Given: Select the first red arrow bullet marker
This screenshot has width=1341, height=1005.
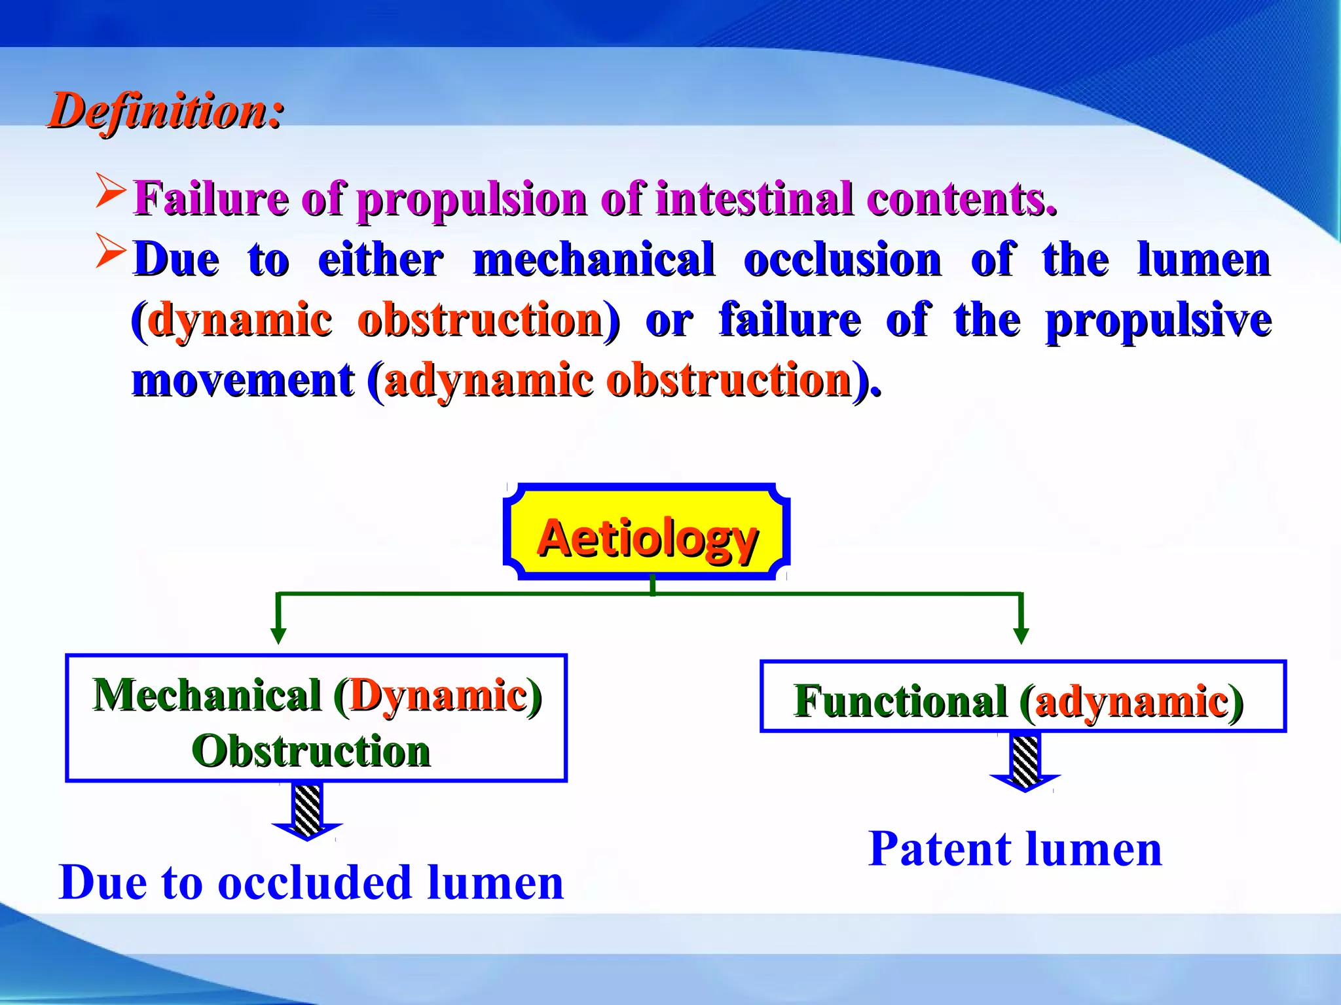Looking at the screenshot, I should pyautogui.click(x=110, y=190).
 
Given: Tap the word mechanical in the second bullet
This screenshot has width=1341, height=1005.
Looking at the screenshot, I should pyautogui.click(x=593, y=260).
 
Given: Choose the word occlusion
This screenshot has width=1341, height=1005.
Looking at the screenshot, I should pyautogui.click(x=842, y=260).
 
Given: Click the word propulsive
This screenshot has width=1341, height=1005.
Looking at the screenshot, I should pyautogui.click(x=1158, y=321).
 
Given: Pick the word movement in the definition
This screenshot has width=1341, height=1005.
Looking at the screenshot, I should pyautogui.click(x=243, y=380).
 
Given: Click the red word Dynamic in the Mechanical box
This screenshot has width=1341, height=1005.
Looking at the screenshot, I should pyautogui.click(x=438, y=695).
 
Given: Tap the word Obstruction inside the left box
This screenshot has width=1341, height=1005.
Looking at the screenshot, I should pyautogui.click(x=311, y=750).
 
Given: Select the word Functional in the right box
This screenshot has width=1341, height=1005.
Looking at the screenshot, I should pyautogui.click(x=900, y=701).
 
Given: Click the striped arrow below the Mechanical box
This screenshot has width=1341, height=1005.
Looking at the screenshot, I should pyautogui.click(x=307, y=812).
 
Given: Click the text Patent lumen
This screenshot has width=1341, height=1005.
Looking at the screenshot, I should pyautogui.click(x=1015, y=849).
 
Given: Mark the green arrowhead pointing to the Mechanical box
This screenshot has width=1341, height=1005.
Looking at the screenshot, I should pyautogui.click(x=278, y=635).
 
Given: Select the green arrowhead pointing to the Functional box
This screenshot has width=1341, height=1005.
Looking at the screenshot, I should pyautogui.click(x=1021, y=635).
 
